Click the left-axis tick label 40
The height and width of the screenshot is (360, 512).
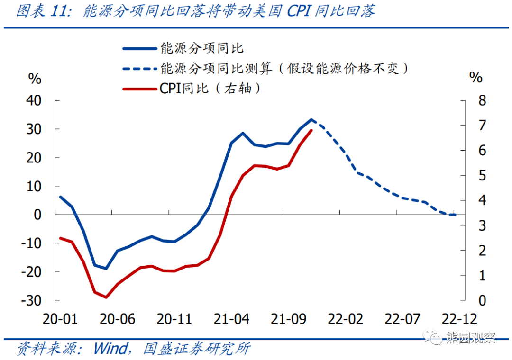coord(35,100)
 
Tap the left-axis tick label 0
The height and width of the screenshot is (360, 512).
coord(38,215)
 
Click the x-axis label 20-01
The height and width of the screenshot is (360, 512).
coord(60,319)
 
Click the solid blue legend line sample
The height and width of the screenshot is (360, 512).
coord(139,48)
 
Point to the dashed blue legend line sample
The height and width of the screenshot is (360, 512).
coord(139,68)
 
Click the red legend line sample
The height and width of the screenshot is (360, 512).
coord(139,88)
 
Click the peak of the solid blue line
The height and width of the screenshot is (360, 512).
coord(311,119)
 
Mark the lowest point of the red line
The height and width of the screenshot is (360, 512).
coord(106,297)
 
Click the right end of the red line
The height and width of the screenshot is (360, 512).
coord(311,130)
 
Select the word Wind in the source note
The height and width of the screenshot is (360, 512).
coord(110,349)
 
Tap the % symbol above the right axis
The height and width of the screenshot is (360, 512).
coord(475,77)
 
